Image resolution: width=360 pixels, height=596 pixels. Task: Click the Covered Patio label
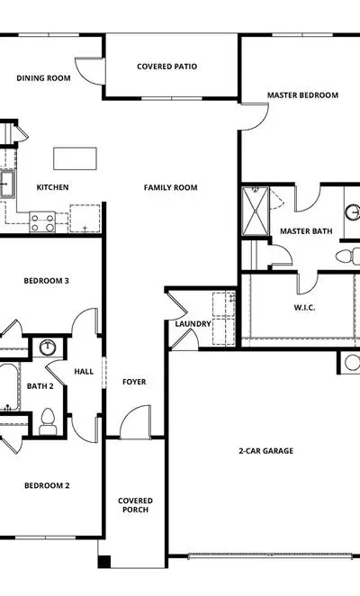coord(166,67)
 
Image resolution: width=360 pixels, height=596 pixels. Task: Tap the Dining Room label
coord(43,78)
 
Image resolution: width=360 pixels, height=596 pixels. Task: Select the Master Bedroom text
coord(302,95)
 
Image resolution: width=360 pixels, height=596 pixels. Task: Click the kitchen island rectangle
coord(75,158)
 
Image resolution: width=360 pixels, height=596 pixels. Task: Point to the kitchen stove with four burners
coord(42,222)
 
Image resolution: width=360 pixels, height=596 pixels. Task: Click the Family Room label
coord(170,187)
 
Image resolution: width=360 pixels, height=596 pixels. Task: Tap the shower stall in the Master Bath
coord(256,211)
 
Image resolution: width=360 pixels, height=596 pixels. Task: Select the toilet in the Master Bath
coord(347,256)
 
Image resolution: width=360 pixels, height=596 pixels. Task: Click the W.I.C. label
coord(304,308)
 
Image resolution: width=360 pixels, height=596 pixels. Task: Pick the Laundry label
coord(193,324)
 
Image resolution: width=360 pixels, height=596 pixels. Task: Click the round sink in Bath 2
coord(48,347)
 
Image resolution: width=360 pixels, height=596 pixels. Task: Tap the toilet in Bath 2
coord(48,422)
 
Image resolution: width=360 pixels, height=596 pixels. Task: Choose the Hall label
coord(84,371)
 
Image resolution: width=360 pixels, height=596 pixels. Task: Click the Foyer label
coord(134,382)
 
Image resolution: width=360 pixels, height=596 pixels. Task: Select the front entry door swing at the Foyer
coord(135,422)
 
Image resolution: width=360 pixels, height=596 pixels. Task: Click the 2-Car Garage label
coord(266,451)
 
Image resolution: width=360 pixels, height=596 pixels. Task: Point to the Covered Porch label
coord(135,505)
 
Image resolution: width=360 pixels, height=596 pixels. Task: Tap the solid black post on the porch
coord(104,562)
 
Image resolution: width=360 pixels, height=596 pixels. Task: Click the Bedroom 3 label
coord(47,281)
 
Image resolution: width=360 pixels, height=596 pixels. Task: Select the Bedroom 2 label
coord(47,485)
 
